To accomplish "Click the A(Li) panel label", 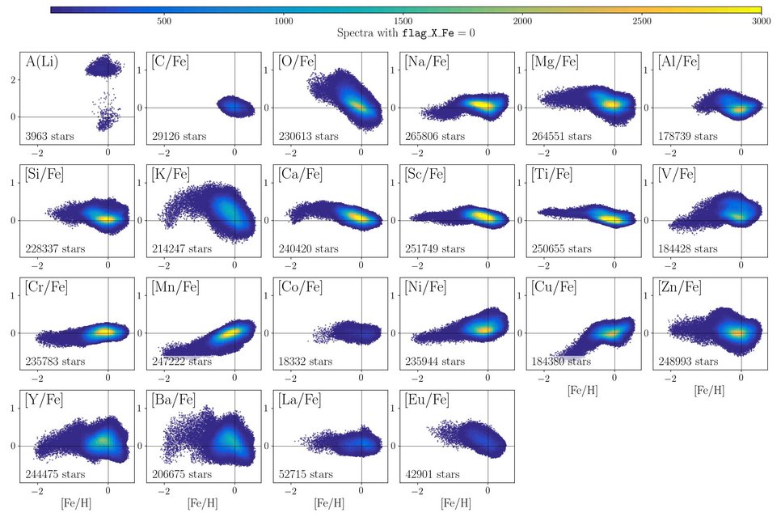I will (x=41, y=62).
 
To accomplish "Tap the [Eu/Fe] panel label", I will (x=422, y=400).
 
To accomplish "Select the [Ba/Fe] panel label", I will (x=170, y=400).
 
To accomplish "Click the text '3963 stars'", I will (x=49, y=136).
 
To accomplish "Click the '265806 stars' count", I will (x=433, y=136).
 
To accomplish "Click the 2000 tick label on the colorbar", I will (x=523, y=20).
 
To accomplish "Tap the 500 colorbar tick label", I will (x=164, y=20).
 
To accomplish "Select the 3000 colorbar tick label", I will (x=761, y=20).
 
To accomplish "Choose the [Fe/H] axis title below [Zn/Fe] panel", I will (x=708, y=391).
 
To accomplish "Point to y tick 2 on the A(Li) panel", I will (x=13, y=79).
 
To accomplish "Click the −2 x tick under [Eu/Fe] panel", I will (x=416, y=491).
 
